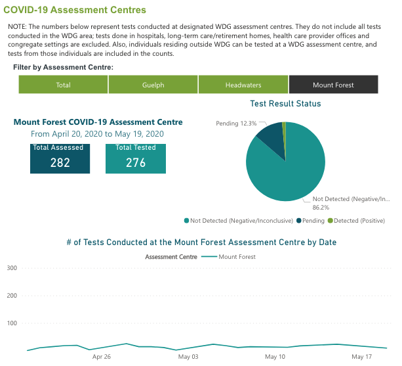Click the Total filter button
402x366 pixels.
[x=64, y=85]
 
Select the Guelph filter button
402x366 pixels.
[x=153, y=85]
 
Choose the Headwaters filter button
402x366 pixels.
[x=243, y=85]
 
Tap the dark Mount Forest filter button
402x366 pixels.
[x=333, y=85]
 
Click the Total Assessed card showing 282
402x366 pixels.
[x=60, y=158]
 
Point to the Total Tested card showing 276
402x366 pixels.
[x=136, y=158]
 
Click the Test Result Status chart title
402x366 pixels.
[x=285, y=104]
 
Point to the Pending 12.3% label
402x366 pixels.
[x=236, y=124]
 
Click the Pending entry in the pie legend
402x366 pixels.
[x=312, y=221]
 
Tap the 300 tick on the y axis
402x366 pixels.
[x=11, y=268]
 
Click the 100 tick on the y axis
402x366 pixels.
[x=11, y=323]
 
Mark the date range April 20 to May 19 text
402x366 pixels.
[x=97, y=134]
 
